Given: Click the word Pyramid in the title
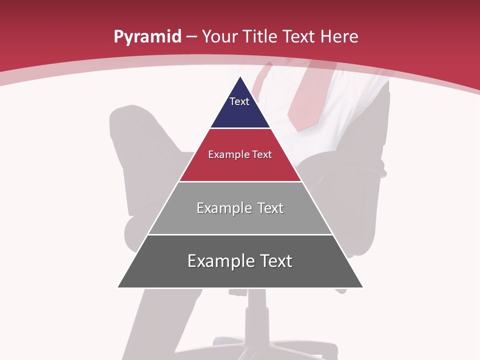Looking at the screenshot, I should (x=147, y=36).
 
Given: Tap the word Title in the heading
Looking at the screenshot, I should (x=259, y=36).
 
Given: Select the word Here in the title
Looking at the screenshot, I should (x=339, y=36).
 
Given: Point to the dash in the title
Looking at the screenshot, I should (x=191, y=36).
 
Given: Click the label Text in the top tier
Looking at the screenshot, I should (x=239, y=101).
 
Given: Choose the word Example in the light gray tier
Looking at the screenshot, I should (x=219, y=208).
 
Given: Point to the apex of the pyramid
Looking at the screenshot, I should (x=240, y=77).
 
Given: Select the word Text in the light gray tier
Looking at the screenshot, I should (x=270, y=208).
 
